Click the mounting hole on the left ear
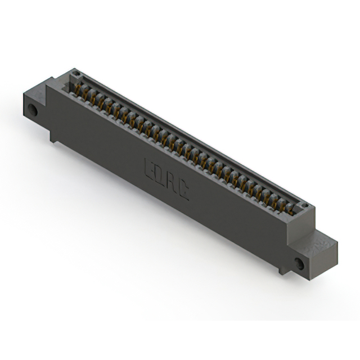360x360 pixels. [x=33, y=110]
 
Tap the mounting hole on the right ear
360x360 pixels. [x=299, y=263]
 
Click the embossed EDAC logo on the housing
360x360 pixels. [x=166, y=177]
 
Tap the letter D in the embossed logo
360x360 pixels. [x=160, y=174]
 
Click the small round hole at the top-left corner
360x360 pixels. [x=75, y=74]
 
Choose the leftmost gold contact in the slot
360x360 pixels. [x=79, y=90]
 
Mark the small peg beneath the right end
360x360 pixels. [x=281, y=271]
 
